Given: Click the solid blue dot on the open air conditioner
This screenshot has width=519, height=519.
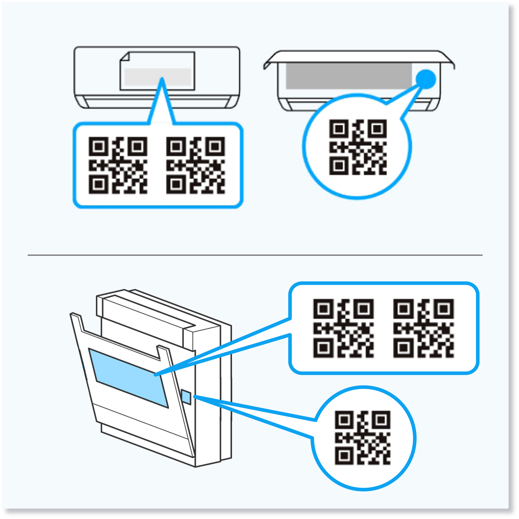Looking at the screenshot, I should click(426, 79).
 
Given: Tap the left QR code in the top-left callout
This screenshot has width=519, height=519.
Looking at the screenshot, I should click(118, 165).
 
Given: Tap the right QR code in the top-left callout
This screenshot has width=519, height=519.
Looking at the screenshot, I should click(195, 165).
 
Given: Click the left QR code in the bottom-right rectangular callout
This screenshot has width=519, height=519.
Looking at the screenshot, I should click(343, 328).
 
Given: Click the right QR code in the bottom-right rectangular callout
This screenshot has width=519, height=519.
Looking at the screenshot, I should click(423, 328).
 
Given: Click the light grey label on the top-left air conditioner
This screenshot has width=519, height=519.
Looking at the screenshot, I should click(157, 77).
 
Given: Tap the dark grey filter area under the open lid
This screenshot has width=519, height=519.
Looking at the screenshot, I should click(349, 76).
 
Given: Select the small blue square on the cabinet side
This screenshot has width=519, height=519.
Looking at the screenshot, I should click(186, 397).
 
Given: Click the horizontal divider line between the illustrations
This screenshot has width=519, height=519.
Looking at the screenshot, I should click(255, 255).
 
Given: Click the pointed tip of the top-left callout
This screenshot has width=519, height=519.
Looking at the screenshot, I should click(162, 79).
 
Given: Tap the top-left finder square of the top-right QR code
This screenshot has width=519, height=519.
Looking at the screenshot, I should click(339, 129).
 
